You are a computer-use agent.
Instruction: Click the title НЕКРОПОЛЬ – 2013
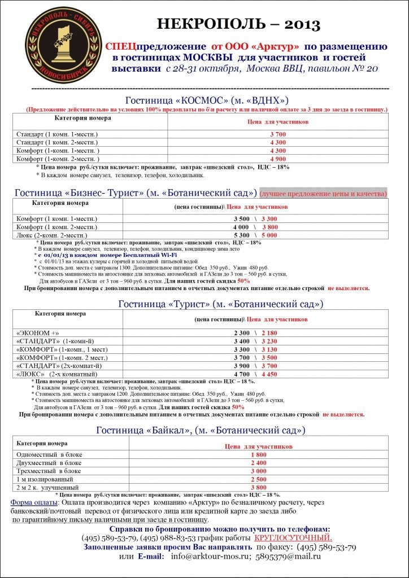238,24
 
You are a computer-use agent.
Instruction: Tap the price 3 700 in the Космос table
278,134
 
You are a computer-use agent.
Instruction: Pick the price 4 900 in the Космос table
278,159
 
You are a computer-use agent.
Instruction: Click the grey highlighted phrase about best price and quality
323,193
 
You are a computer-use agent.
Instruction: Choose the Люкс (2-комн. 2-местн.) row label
54,234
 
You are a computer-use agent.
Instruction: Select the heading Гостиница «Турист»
220,304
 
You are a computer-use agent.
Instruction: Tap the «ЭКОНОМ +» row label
38,333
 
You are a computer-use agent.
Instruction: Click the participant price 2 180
269,333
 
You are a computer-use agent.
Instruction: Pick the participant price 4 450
269,374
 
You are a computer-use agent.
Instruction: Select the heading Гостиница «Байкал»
201,430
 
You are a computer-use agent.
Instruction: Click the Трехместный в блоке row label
49,471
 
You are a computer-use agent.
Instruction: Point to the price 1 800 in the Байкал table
258,454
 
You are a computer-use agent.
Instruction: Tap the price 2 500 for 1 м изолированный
258,479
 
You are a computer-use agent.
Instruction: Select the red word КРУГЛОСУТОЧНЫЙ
293,538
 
